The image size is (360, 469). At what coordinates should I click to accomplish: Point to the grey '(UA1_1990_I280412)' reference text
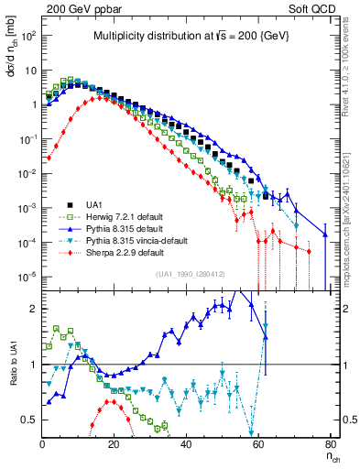191,274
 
